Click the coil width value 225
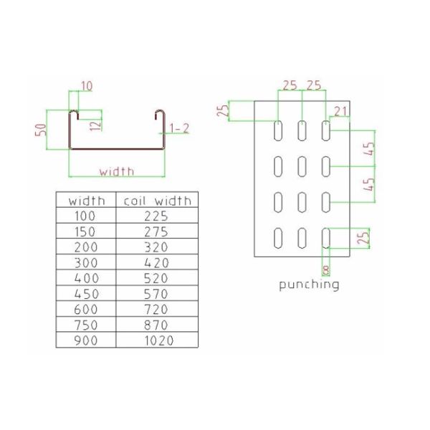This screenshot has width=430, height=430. tap(156, 216)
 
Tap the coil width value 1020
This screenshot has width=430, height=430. tap(158, 340)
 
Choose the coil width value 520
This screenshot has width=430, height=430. tap(156, 278)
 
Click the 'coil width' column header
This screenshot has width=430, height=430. tap(157, 201)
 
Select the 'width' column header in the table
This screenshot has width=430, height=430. tap(86, 201)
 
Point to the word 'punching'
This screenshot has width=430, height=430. tap(308, 285)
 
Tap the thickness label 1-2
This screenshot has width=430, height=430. tap(179, 128)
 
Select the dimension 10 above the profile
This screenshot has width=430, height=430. tap(86, 87)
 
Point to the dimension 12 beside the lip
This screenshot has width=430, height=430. tap(96, 124)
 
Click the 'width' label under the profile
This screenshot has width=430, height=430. tap(117, 171)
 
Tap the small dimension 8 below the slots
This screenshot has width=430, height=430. tap(328, 269)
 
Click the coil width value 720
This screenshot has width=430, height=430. tap(156, 310)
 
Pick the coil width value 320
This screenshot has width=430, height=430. tap(156, 247)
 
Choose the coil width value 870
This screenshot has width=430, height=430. tap(156, 325)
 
